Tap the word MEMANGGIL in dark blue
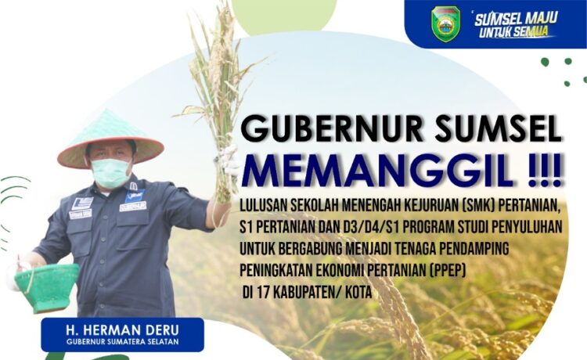377,171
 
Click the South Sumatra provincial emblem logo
445,23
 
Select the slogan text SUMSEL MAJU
516,18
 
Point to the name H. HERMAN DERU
122,330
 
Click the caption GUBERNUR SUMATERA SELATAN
122,342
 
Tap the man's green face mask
111,172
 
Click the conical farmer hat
110,141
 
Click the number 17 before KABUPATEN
263,292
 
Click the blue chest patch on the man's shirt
135,196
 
